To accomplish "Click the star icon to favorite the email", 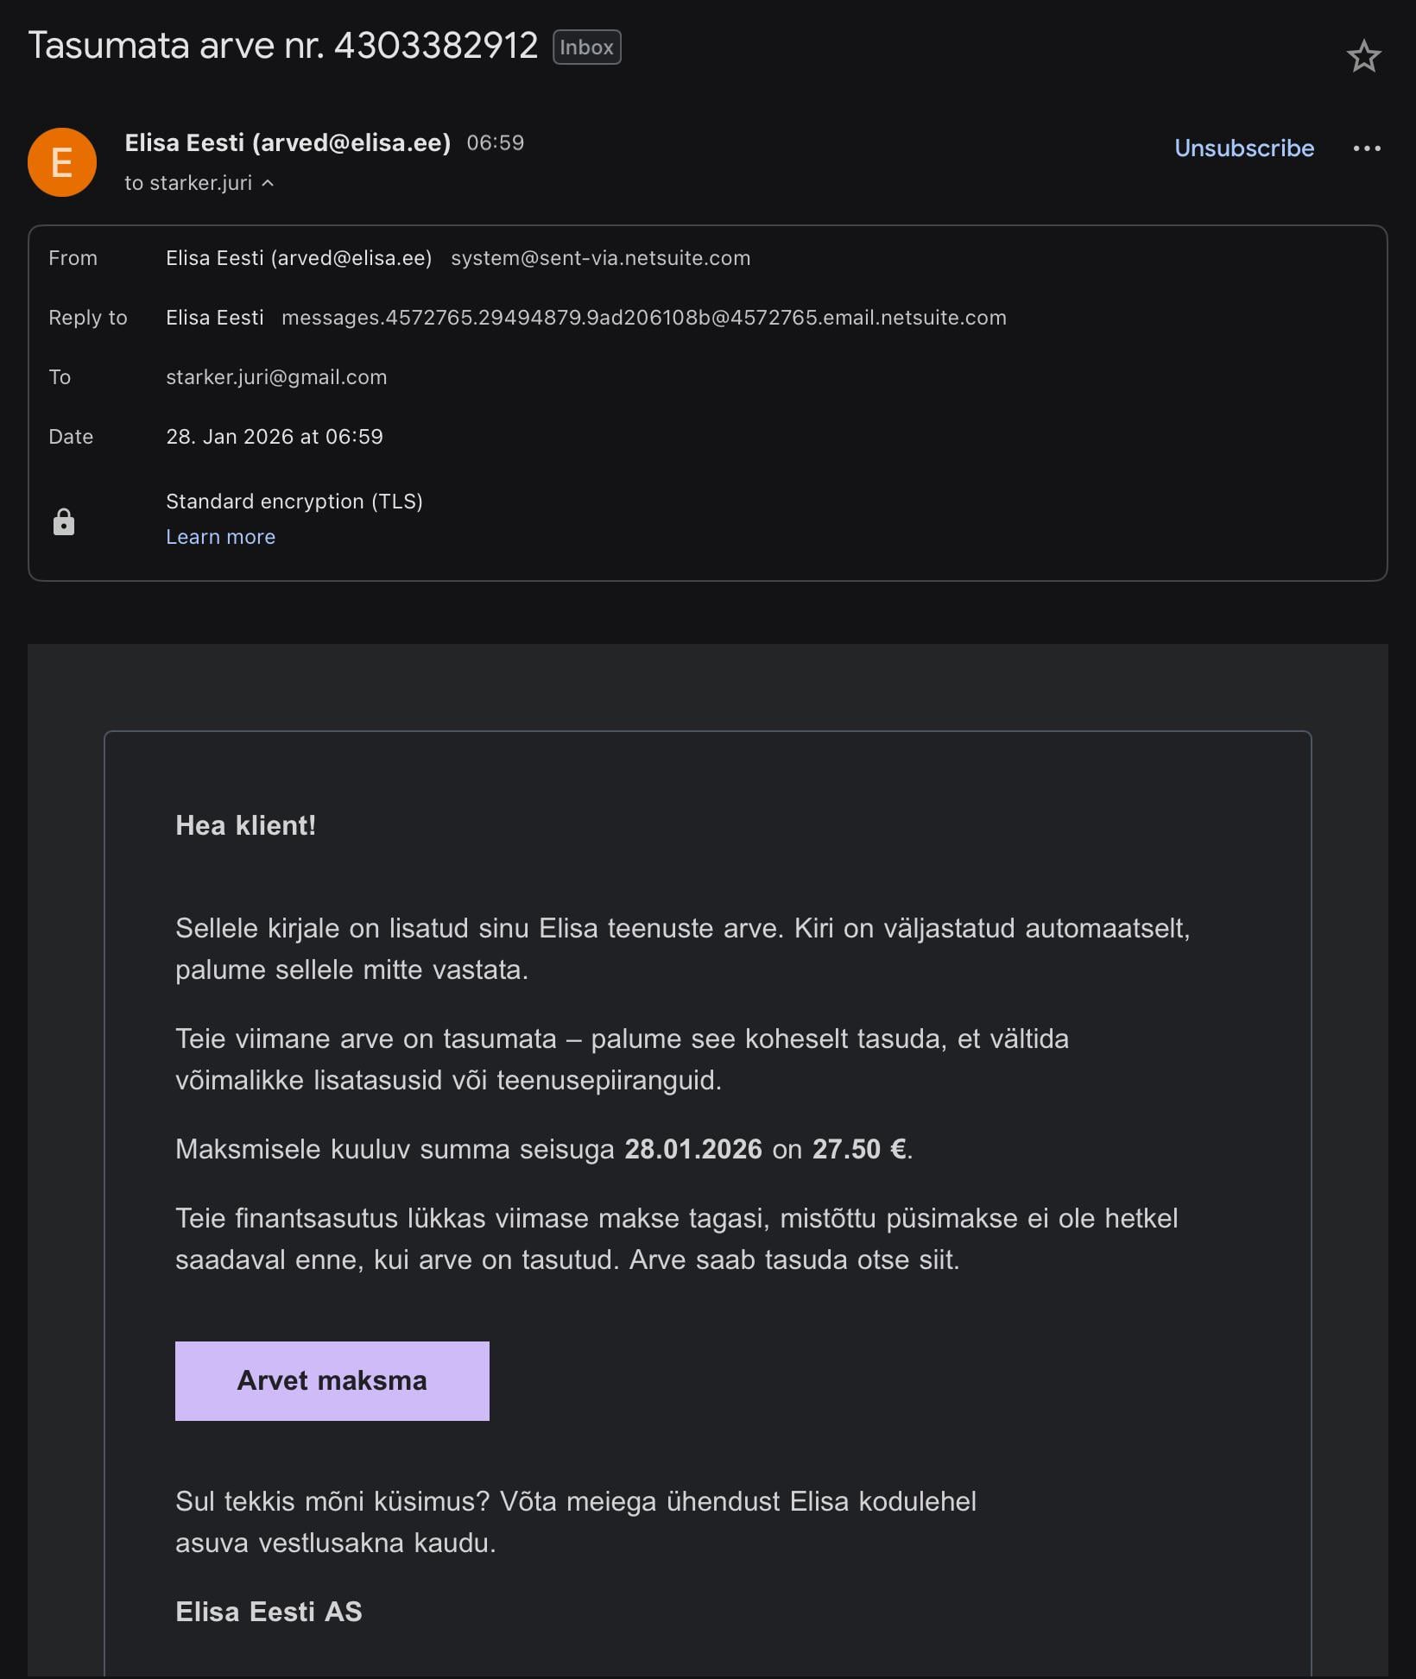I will click(1363, 57).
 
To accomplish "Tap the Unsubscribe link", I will click(1243, 148).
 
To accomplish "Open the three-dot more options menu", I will click(1366, 148).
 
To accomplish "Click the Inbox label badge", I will click(586, 47).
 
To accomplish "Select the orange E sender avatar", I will click(62, 162).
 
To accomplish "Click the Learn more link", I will click(220, 537).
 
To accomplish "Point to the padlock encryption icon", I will click(64, 522).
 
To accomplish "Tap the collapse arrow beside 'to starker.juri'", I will click(268, 183).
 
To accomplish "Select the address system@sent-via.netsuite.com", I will click(600, 258).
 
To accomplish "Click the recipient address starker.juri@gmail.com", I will click(276, 377).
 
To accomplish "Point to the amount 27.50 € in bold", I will click(860, 1149).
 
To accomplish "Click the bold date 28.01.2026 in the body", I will click(693, 1149).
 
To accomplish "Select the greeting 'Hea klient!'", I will click(245, 825).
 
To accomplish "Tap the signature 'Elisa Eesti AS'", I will click(269, 1612).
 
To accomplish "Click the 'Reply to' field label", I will click(87, 318).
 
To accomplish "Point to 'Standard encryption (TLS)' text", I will click(294, 502).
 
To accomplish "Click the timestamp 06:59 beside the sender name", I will click(496, 142).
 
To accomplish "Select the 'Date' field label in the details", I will click(71, 437).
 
